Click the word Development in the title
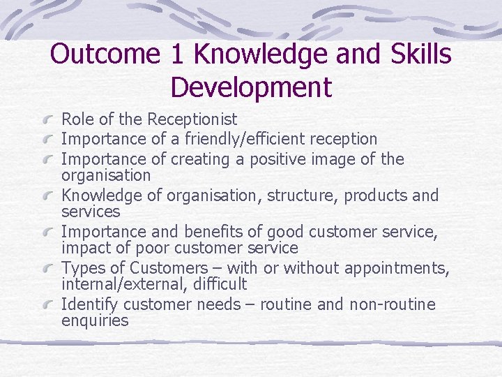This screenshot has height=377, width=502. click(251, 88)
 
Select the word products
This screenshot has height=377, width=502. click(372, 195)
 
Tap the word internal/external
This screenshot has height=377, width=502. click(118, 284)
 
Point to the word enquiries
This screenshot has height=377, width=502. click(95, 321)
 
